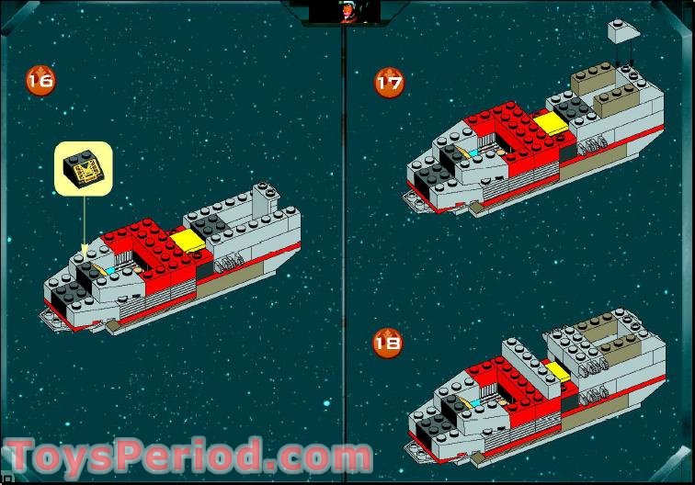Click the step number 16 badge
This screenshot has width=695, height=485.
tap(40, 81)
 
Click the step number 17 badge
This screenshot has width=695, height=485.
tap(389, 83)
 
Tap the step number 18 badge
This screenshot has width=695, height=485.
tap(387, 343)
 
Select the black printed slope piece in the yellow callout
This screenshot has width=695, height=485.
tap(84, 169)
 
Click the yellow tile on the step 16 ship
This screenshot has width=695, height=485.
tap(187, 241)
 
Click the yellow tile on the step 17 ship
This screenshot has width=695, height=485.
tap(551, 123)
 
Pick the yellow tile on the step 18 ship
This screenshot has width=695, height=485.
tap(558, 371)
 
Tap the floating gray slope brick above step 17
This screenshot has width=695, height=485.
tap(623, 31)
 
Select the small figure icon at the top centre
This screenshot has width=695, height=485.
tap(345, 12)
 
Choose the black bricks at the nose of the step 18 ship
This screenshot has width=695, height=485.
tap(433, 426)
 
